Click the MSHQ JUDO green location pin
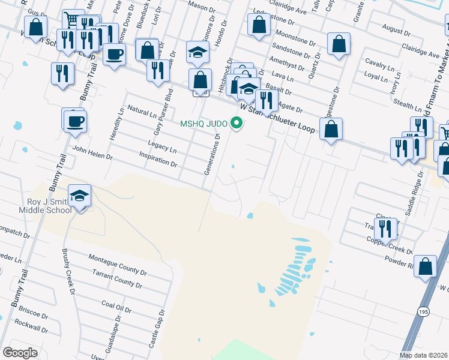(237, 124)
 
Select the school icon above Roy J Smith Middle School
(79, 196)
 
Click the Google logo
(20, 353)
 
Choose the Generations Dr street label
(212, 154)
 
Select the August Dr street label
(396, 28)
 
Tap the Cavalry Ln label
(379, 64)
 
